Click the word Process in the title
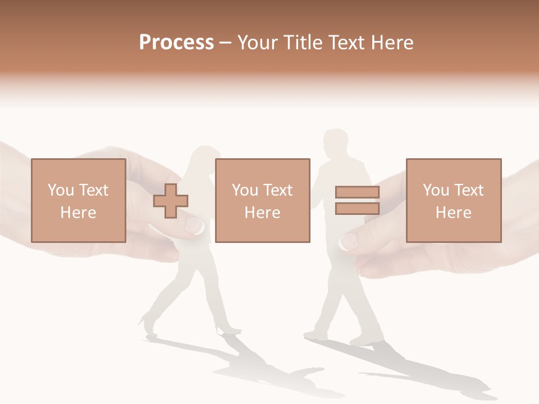pyautogui.click(x=176, y=43)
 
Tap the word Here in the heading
pyautogui.click(x=391, y=43)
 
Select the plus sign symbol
pyautogui.click(x=171, y=200)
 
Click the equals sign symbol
pyautogui.click(x=357, y=200)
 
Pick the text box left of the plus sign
pyautogui.click(x=78, y=200)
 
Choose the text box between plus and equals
pyautogui.click(x=262, y=200)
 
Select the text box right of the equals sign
pyautogui.click(x=453, y=200)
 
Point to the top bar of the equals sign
pyautogui.click(x=357, y=192)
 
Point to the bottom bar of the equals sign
pyautogui.click(x=357, y=208)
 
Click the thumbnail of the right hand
pyautogui.click(x=349, y=242)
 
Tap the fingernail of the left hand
pyautogui.click(x=194, y=226)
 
